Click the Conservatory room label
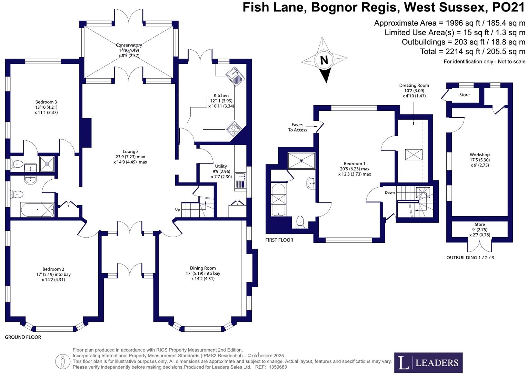[129, 45]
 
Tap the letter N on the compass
[324, 60]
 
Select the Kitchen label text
[221, 96]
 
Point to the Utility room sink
[240, 177]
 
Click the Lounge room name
[130, 151]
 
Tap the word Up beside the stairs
[178, 209]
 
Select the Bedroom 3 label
[46, 102]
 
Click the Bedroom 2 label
[53, 269]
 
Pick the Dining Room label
[203, 268]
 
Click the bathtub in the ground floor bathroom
[37, 209]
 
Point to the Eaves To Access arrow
[312, 127]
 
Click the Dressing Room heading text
[414, 86]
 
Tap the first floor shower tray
[301, 160]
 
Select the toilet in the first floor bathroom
[300, 221]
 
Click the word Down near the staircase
[390, 192]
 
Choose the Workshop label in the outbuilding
[479, 155]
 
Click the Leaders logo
[428, 362]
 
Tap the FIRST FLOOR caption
[279, 240]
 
